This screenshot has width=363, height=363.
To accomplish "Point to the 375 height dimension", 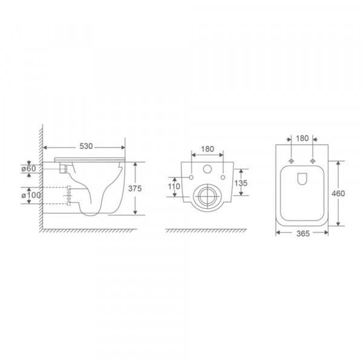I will click(x=135, y=188).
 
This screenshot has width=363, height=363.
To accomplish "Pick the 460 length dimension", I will click(x=339, y=194).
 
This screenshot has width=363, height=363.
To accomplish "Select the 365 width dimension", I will click(x=302, y=235).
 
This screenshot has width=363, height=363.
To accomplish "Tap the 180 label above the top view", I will click(x=302, y=139).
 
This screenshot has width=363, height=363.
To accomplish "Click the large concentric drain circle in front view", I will click(x=208, y=197).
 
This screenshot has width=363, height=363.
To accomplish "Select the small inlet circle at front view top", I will click(x=208, y=171).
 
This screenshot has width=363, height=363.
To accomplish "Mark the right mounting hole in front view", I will click(x=223, y=177).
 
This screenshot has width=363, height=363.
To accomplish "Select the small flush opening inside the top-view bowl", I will click(x=302, y=178).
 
